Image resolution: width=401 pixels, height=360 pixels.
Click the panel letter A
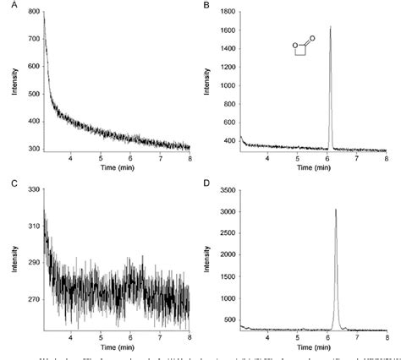(x=7, y=6)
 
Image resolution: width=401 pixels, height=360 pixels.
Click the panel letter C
(x=7, y=183)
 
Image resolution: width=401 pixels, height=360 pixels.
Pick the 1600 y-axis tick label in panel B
(x=226, y=30)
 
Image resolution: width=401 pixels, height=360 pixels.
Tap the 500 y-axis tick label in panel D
(x=228, y=319)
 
